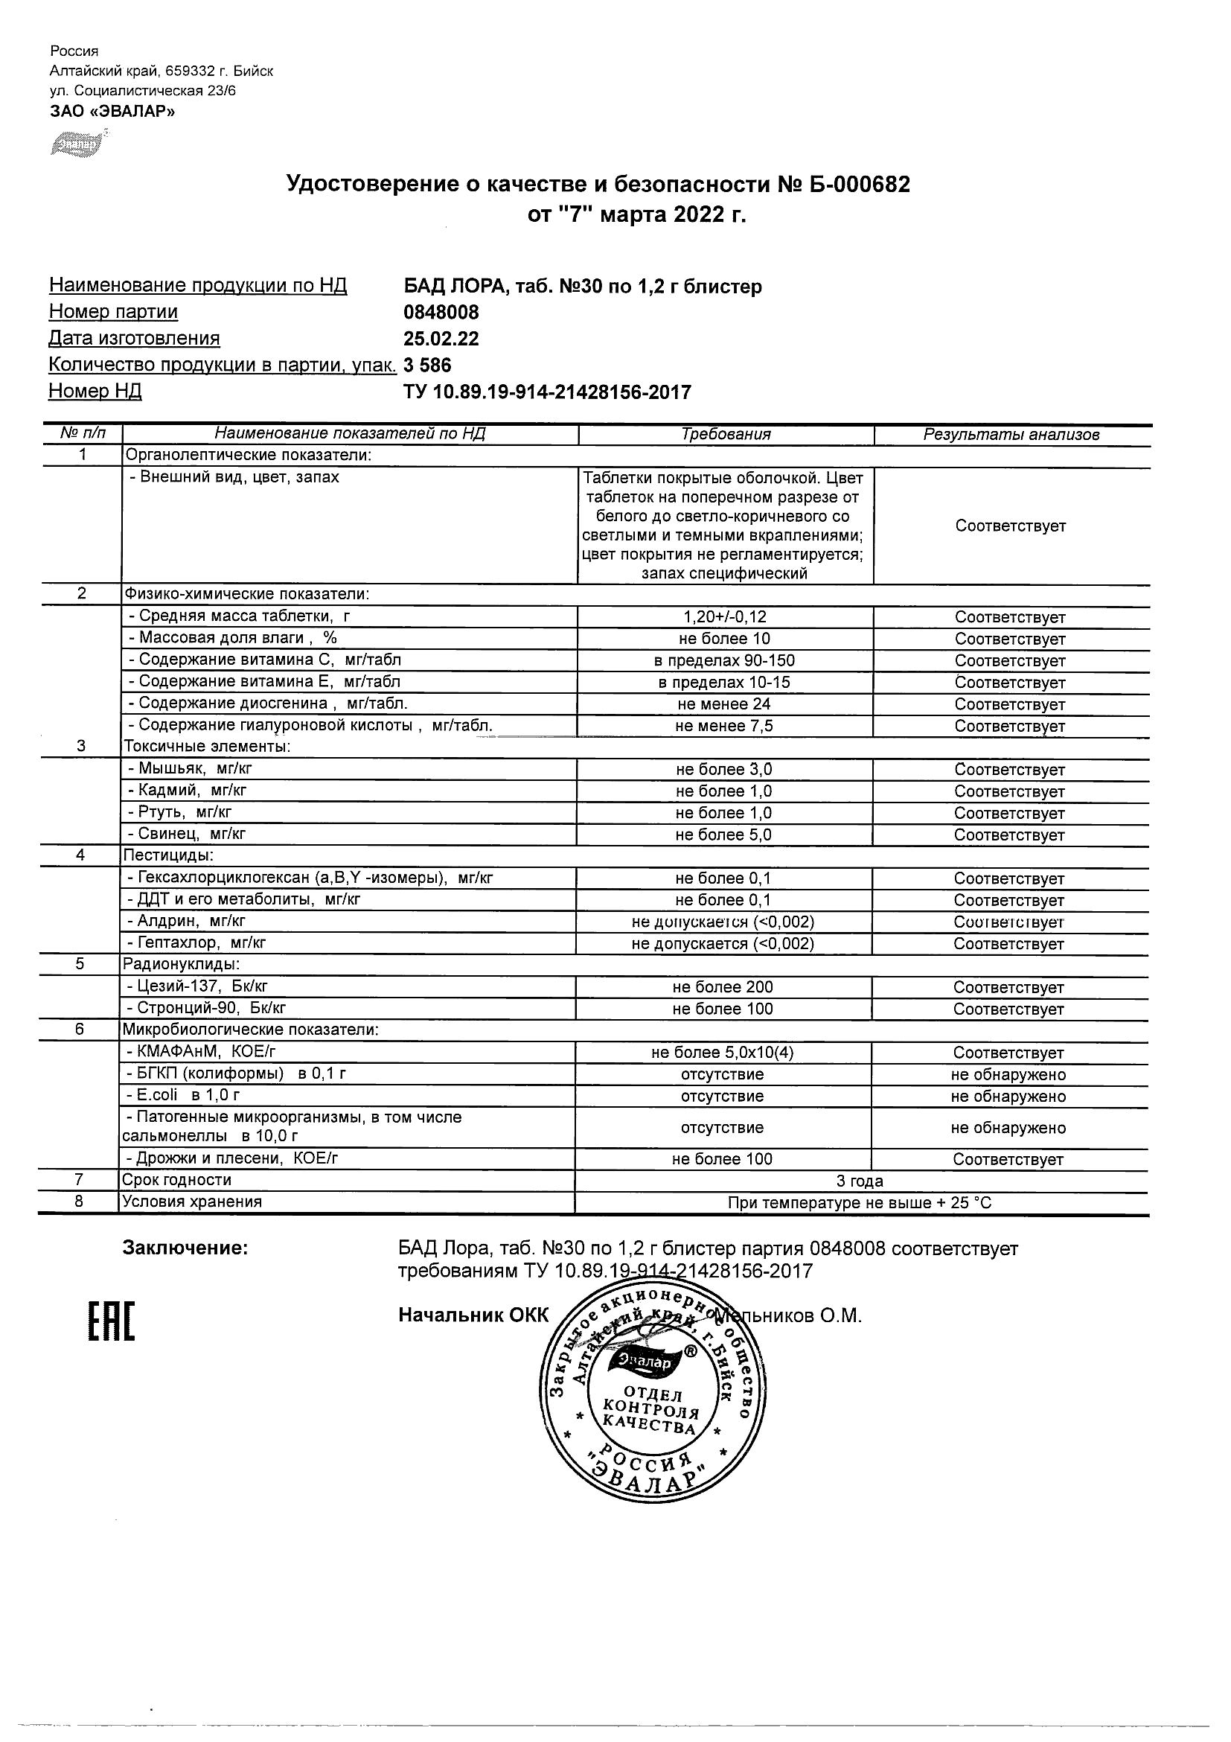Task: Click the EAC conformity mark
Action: pyautogui.click(x=111, y=1321)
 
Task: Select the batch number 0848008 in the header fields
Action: pyautogui.click(x=441, y=312)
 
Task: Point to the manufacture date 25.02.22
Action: pyautogui.click(x=441, y=339)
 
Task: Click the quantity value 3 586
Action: pyautogui.click(x=428, y=366)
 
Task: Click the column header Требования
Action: pyautogui.click(x=726, y=435)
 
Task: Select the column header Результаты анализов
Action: pyautogui.click(x=1011, y=435)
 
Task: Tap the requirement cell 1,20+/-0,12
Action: pyautogui.click(x=724, y=618)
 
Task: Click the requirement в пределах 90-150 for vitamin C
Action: pyautogui.click(x=724, y=661)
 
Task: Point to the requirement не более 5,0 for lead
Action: pyautogui.click(x=724, y=835)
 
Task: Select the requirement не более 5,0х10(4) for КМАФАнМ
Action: pyautogui.click(x=723, y=1053)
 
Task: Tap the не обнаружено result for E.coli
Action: pyautogui.click(x=1008, y=1097)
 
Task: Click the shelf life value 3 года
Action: pyautogui.click(x=860, y=1181)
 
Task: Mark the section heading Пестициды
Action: pyautogui.click(x=168, y=856)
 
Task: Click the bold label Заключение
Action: pyautogui.click(x=185, y=1248)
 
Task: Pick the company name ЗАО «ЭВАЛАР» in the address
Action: pyautogui.click(x=112, y=112)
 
